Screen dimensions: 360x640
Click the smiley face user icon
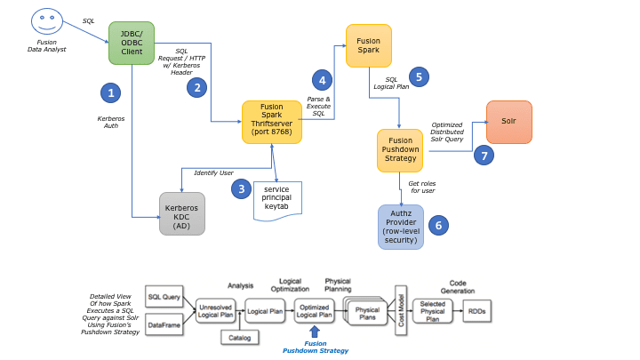coord(46,20)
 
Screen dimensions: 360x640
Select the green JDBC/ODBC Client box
coord(131,43)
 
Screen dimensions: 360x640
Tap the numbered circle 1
coord(110,92)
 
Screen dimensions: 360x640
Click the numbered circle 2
coord(196,86)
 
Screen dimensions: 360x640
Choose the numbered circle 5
coord(418,76)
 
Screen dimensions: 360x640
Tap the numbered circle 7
coord(484,155)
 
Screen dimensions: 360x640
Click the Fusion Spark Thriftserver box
coord(272,122)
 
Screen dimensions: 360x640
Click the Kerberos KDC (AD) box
coord(181,213)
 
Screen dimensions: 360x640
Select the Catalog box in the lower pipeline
coord(239,337)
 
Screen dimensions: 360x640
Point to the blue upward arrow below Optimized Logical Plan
coord(315,332)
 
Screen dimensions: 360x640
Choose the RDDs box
coord(476,310)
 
